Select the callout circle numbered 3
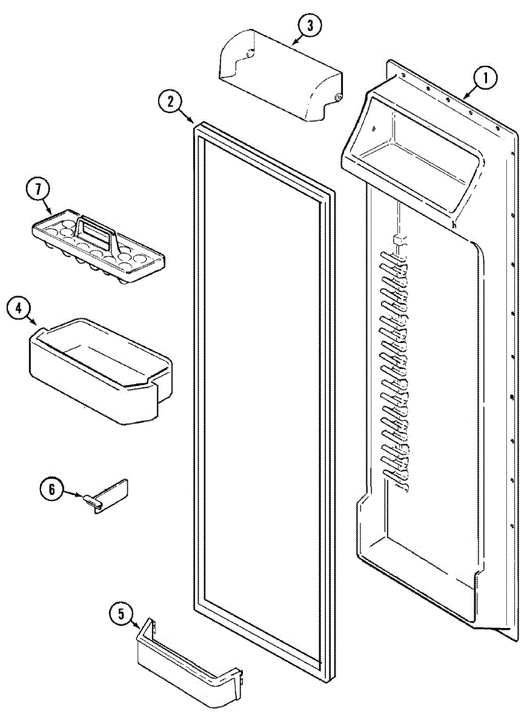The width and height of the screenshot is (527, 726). tap(308, 26)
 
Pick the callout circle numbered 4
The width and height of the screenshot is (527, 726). tap(19, 309)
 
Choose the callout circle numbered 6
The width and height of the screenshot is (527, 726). tap(51, 488)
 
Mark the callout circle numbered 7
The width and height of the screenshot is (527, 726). tap(38, 189)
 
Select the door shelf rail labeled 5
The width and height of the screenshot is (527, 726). tap(188, 662)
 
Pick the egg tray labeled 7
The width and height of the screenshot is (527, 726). tap(100, 245)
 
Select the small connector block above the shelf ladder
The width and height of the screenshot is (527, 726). tap(398, 240)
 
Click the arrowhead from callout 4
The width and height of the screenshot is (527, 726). tap(38, 327)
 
